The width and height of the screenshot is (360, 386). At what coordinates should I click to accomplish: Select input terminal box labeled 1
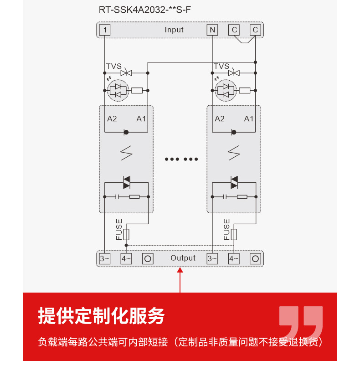pos(105,30)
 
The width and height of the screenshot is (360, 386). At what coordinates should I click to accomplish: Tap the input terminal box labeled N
pos(212,30)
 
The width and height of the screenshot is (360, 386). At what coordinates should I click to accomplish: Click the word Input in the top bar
pos(174,30)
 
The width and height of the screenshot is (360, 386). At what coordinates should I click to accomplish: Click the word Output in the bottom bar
pos(183,258)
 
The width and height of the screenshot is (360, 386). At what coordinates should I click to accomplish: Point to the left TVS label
pos(114,67)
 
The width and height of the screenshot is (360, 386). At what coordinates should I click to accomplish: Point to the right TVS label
pos(221,67)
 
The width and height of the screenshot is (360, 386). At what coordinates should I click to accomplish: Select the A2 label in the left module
pos(112,119)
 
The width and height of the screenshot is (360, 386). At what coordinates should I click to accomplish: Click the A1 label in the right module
pos(249,119)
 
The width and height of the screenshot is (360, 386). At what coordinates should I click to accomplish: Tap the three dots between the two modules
pos(181,159)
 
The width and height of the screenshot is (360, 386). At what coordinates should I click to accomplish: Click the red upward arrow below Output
pos(180,278)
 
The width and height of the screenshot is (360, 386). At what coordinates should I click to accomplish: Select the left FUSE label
pos(119,229)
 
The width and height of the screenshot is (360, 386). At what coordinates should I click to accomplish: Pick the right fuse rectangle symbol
pos(234,235)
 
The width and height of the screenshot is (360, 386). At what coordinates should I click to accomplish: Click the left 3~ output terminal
pos(105,259)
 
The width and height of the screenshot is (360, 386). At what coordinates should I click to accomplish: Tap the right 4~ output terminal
pos(234,259)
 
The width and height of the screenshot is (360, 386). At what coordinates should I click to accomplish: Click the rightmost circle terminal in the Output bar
pos(256,259)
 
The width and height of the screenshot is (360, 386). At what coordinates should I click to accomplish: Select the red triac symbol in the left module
pos(127,182)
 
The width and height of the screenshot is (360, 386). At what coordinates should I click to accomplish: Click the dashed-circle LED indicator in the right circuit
pos(226,90)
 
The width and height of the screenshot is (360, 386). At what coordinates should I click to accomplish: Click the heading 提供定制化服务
pos(101,316)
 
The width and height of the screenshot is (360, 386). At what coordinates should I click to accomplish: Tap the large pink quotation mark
pos(301,322)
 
